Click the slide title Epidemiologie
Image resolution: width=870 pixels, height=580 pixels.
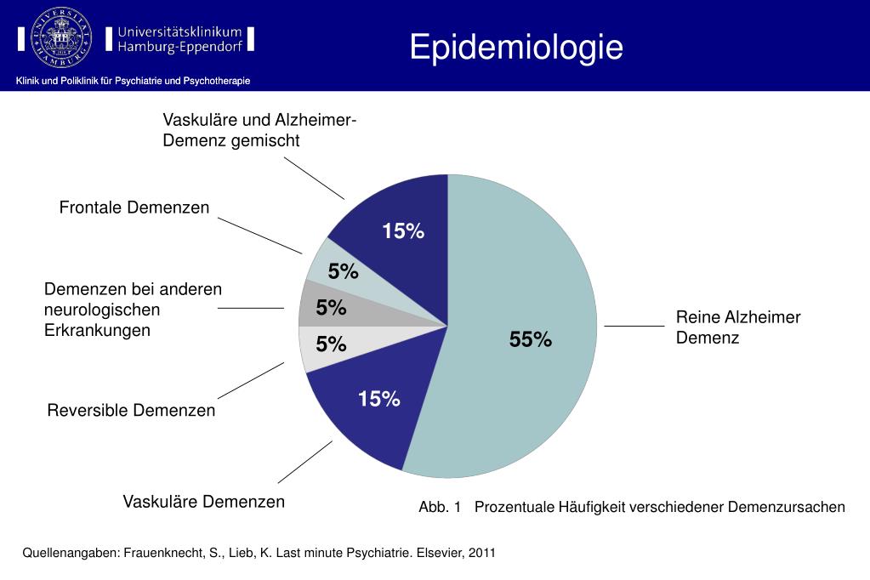click(515, 47)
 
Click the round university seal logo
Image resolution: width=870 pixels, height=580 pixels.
click(60, 37)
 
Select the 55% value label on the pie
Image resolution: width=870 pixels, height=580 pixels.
click(531, 340)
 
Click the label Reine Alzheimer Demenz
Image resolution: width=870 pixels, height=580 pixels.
click(738, 327)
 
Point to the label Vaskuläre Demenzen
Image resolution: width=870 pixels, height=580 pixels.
click(204, 502)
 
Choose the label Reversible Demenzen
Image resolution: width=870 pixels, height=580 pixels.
click(131, 411)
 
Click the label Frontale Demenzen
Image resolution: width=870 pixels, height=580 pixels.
click(134, 208)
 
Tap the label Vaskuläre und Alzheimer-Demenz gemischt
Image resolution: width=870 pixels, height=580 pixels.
click(259, 130)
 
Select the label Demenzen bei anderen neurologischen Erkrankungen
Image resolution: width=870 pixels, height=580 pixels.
click(133, 310)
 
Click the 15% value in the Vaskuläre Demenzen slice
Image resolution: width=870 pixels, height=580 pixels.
click(379, 399)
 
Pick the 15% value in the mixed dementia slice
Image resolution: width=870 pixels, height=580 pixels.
click(403, 231)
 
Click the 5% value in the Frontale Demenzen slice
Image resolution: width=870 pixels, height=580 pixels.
click(344, 272)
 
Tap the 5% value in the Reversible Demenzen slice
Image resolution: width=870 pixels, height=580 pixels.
click(331, 344)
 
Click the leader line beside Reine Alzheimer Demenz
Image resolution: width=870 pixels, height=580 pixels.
click(634, 326)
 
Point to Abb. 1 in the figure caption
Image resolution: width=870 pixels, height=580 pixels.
click(439, 508)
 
